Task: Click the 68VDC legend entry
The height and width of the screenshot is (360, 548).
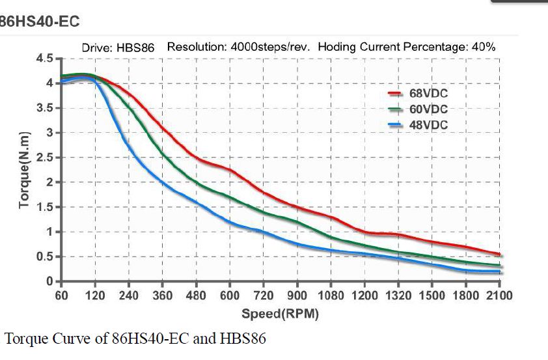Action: pyautogui.click(x=428, y=94)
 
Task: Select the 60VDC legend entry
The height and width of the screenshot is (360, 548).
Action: pyautogui.click(x=428, y=109)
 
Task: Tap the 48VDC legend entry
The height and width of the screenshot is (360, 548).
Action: pyautogui.click(x=428, y=125)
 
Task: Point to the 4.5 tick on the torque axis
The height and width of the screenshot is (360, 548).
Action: pyautogui.click(x=44, y=59)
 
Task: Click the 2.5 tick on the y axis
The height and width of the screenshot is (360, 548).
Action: pyautogui.click(x=44, y=158)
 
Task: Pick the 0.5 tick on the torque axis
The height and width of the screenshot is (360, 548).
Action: pyautogui.click(x=44, y=256)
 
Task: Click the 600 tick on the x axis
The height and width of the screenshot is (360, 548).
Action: pyautogui.click(x=230, y=296)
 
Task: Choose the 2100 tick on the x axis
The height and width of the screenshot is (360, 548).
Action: pyautogui.click(x=499, y=296)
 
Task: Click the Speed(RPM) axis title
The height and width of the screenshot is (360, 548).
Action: pyautogui.click(x=280, y=314)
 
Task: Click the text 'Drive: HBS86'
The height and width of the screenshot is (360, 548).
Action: pyautogui.click(x=116, y=48)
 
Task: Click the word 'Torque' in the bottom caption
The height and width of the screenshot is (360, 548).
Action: pyautogui.click(x=24, y=339)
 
